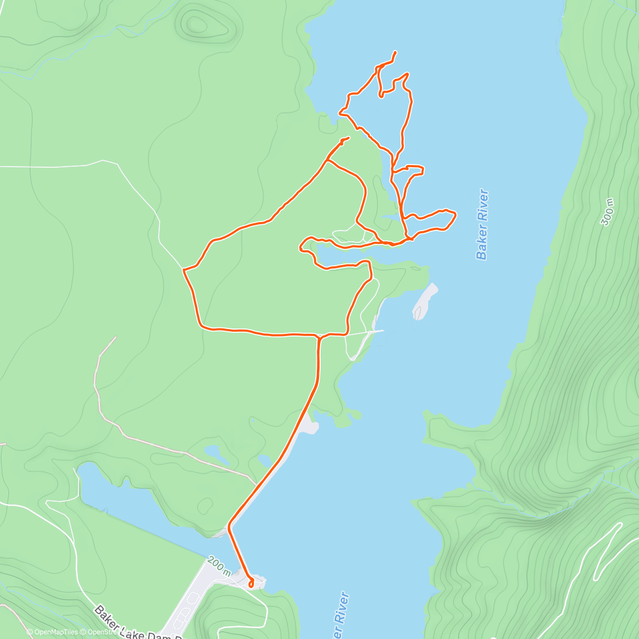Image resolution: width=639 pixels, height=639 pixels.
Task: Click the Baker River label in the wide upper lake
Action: point(482,224)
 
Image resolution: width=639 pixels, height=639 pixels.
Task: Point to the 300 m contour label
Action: point(608,212)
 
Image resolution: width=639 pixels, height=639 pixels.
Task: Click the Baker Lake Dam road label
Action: point(139,624)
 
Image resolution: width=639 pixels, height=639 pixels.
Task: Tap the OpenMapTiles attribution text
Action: point(53,632)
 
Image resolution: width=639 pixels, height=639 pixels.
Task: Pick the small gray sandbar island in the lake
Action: point(424,302)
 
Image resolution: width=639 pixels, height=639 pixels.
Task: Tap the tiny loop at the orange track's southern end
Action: point(250,584)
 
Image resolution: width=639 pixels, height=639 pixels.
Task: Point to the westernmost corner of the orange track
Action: point(184,271)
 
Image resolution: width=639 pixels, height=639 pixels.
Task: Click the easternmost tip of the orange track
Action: point(456,214)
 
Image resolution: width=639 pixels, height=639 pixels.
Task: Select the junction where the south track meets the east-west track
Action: point(318,337)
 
